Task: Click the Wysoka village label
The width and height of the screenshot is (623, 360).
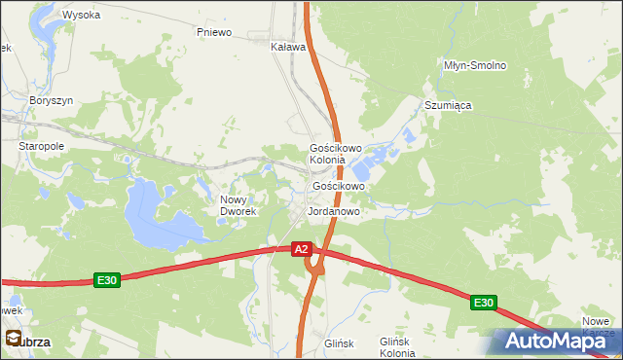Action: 81,15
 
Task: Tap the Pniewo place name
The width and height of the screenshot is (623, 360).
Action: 214,32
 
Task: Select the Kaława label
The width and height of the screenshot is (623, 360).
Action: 288,46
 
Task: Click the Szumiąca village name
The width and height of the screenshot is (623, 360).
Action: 448,105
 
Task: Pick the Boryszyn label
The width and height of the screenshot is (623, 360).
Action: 52,100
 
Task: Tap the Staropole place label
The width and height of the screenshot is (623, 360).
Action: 41,145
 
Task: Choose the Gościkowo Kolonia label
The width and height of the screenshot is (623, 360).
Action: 335,154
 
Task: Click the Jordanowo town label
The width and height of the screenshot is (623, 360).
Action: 334,210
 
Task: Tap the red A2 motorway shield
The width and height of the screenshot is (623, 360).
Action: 302,249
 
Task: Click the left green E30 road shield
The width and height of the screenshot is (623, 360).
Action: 107,280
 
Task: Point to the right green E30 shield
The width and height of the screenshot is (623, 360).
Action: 484,304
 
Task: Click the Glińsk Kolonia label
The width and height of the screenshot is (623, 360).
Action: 397,347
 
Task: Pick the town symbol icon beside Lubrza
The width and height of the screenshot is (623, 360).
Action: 13,339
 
